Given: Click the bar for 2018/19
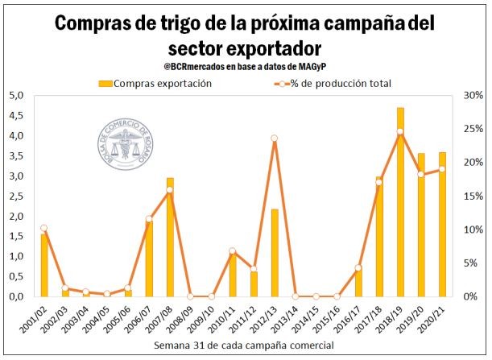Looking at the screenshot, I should click(x=400, y=202).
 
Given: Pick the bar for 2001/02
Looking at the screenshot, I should click(x=44, y=265).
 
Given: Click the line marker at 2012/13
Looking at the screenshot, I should click(x=275, y=139).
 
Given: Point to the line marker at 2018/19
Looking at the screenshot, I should click(x=400, y=131).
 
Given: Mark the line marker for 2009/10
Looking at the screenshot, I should click(x=212, y=296).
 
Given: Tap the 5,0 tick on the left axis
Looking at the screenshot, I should click(x=14, y=96).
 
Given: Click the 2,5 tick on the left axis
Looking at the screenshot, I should click(x=14, y=196).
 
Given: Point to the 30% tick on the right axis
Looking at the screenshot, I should click(x=472, y=96).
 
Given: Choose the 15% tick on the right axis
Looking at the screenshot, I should click(x=472, y=196).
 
